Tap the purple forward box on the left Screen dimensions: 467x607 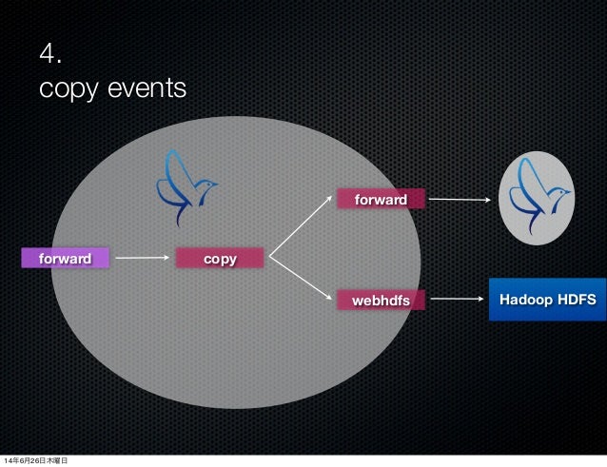point(65,258)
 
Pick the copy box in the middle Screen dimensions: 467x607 point(220,258)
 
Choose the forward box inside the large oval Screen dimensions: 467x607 point(380,200)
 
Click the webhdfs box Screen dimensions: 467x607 point(381,301)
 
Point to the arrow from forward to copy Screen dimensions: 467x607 point(143,258)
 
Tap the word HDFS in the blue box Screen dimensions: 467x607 point(575,300)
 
